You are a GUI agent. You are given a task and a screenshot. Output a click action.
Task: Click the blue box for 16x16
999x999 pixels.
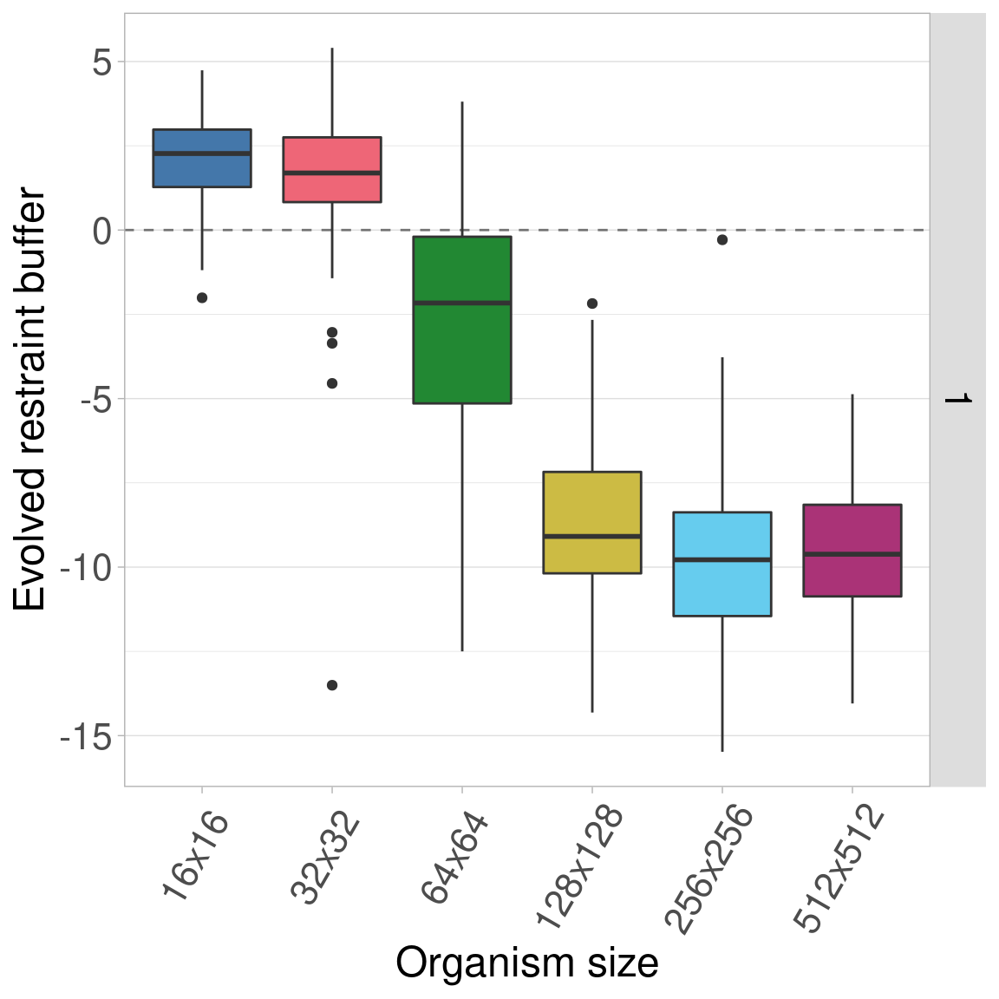[x=202, y=158]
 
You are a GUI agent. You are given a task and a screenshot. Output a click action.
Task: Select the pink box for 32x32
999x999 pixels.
[x=332, y=169]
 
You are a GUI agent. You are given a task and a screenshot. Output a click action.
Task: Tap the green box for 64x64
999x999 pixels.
[x=462, y=319]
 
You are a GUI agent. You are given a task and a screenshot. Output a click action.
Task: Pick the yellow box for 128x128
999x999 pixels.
[x=592, y=522]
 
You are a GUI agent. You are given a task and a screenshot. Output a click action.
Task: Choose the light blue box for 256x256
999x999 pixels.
[x=722, y=564]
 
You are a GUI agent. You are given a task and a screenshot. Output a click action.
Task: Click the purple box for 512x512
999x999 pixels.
[x=852, y=550]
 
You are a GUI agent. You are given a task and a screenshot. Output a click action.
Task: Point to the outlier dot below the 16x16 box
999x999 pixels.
[x=202, y=297]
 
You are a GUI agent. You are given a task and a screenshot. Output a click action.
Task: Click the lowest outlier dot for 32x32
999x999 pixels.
[x=332, y=685]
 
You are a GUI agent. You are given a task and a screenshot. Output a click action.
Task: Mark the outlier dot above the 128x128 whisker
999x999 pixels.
[x=592, y=304]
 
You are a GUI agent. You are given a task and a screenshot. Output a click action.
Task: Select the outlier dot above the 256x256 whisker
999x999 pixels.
[x=722, y=240]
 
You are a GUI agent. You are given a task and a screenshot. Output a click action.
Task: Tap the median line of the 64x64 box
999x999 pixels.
[x=462, y=303]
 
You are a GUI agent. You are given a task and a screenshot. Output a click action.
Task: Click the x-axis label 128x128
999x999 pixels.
[x=579, y=867]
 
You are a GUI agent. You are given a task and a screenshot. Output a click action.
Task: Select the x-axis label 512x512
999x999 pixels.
[x=839, y=870]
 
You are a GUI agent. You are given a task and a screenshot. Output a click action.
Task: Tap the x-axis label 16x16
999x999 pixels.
[x=196, y=857]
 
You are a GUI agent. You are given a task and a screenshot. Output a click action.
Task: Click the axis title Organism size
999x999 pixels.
[x=527, y=963]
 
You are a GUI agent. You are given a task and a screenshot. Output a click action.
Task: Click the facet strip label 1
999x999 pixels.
[x=957, y=399]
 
